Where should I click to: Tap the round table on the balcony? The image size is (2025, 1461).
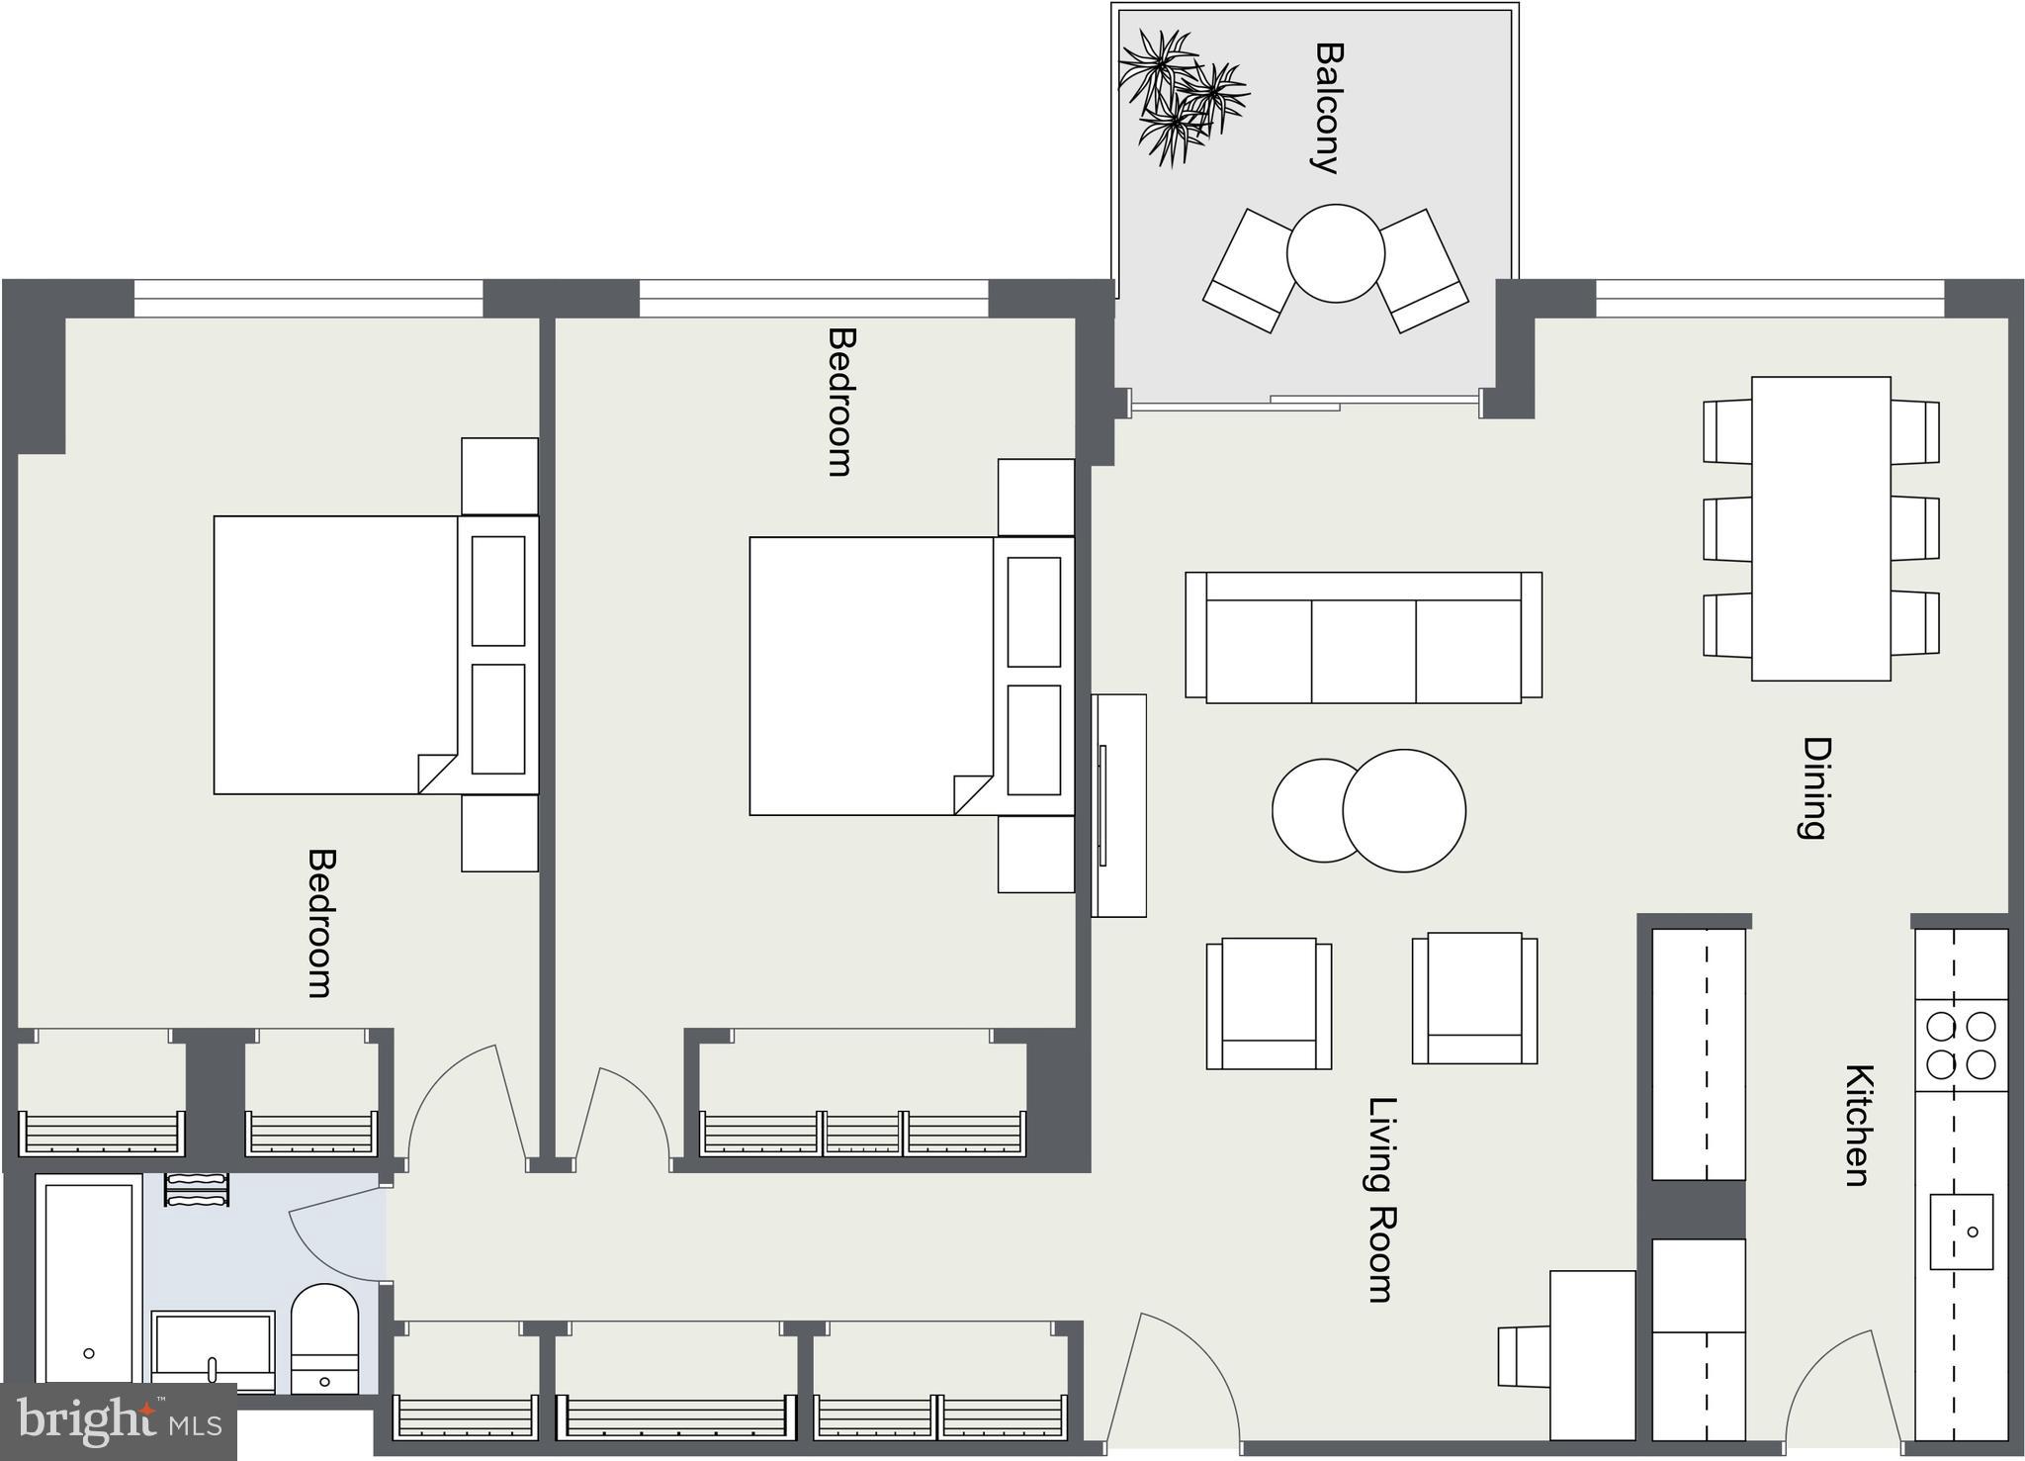(x=1335, y=253)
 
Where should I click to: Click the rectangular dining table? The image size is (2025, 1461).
(x=1820, y=528)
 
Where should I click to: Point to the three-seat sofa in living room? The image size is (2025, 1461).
(x=1363, y=638)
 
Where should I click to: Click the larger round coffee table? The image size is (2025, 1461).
(x=1404, y=810)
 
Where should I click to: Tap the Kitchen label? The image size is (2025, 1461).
(x=1859, y=1125)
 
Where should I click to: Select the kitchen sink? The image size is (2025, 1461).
(x=1962, y=1232)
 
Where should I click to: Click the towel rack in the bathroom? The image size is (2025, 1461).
(x=197, y=1189)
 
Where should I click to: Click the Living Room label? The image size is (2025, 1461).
(x=1380, y=1199)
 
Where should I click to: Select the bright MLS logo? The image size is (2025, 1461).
(x=119, y=1421)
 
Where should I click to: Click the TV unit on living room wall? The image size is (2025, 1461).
(x=1118, y=805)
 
